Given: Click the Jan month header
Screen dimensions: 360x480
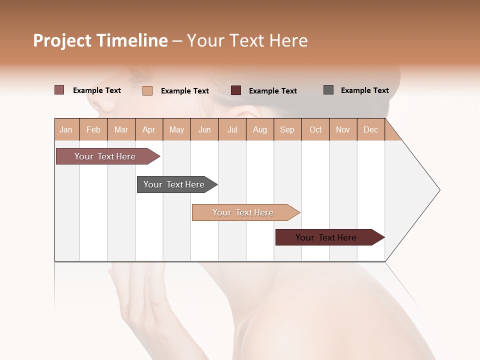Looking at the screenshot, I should click(x=66, y=130).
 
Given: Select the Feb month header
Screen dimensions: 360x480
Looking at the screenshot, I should click(x=93, y=130).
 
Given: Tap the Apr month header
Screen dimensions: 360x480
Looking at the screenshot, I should click(x=148, y=130).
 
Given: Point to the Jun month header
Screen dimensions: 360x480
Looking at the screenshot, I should click(x=204, y=130).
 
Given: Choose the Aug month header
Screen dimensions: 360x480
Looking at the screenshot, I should click(x=259, y=130).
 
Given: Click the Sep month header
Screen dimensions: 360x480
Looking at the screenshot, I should click(x=287, y=130).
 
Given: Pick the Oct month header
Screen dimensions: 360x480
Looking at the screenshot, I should click(x=315, y=130).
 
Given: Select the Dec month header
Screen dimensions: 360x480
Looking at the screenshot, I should click(x=370, y=130).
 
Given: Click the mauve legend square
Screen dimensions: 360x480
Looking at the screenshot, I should click(x=59, y=90).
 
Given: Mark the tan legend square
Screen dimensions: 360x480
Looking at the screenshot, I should click(x=147, y=90).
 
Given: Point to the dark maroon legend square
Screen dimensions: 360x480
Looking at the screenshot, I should click(x=236, y=90).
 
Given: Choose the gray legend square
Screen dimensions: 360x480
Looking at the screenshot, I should click(x=328, y=90).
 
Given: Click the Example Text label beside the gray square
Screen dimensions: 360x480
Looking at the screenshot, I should click(x=364, y=90).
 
